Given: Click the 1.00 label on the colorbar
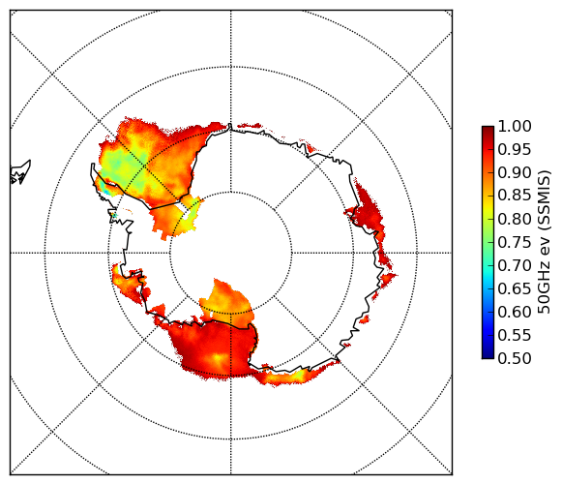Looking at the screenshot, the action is pyautogui.click(x=515, y=126).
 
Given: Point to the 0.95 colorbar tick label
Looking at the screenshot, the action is pyautogui.click(x=515, y=150).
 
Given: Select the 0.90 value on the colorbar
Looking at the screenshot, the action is pyautogui.click(x=515, y=172).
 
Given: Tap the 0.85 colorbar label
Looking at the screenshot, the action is pyautogui.click(x=515, y=196).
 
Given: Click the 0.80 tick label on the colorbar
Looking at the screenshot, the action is pyautogui.click(x=515, y=219).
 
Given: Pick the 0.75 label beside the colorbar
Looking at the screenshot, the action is pyautogui.click(x=515, y=243).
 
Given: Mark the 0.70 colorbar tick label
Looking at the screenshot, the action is pyautogui.click(x=515, y=265).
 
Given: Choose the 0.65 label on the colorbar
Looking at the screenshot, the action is pyautogui.click(x=515, y=288).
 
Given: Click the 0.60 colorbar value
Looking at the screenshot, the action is pyautogui.click(x=515, y=312).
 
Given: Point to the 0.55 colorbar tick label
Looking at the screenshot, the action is pyautogui.click(x=515, y=335).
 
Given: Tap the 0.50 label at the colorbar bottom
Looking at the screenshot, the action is pyautogui.click(x=515, y=358).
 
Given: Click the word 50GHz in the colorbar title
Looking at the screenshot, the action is pyautogui.click(x=545, y=290).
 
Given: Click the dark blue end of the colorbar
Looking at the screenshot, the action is pyautogui.click(x=488, y=354).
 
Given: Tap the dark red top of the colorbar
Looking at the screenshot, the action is pyautogui.click(x=488, y=130).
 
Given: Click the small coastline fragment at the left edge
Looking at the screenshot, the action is pyautogui.click(x=20, y=172).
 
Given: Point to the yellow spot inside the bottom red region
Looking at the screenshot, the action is pyautogui.click(x=217, y=358).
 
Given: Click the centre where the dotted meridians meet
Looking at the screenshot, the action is pyautogui.click(x=230, y=253).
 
